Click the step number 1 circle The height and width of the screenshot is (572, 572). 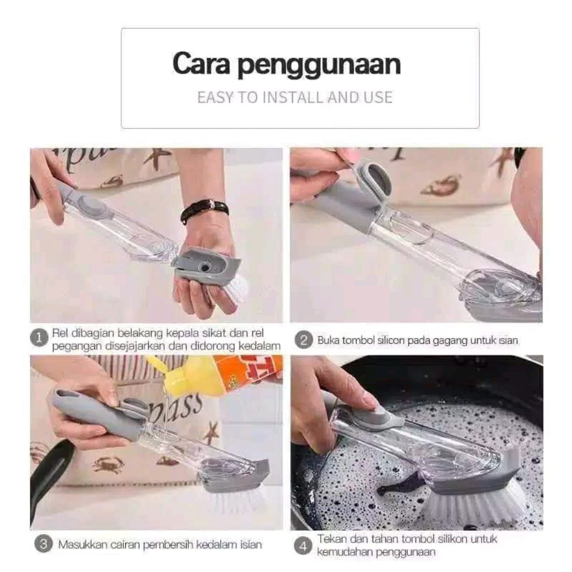(39, 338)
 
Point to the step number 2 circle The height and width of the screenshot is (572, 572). (303, 340)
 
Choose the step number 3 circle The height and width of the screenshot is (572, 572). (43, 545)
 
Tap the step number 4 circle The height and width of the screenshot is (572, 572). (303, 546)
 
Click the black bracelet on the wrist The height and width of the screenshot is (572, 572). (205, 210)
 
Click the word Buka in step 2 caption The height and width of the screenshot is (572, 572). (328, 340)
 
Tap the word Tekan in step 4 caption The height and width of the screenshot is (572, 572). (331, 539)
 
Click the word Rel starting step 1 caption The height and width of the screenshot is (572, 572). (60, 333)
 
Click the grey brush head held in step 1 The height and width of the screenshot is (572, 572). (206, 265)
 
